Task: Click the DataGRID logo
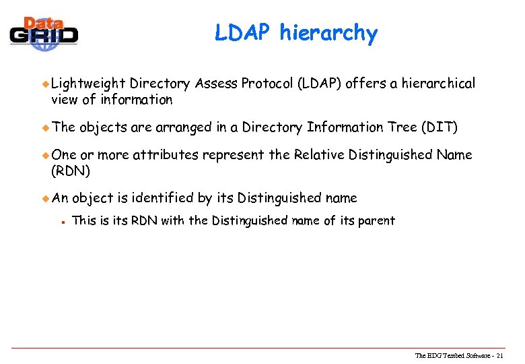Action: pos(44,32)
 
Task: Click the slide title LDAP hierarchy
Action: pos(296,32)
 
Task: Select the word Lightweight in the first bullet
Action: pos(88,84)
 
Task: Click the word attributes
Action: pos(165,154)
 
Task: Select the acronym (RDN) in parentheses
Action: pos(68,171)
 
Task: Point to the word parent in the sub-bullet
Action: pos(376,220)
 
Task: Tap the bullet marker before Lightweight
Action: pos(45,84)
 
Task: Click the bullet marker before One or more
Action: pos(45,155)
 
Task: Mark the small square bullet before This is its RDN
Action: pos(61,221)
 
